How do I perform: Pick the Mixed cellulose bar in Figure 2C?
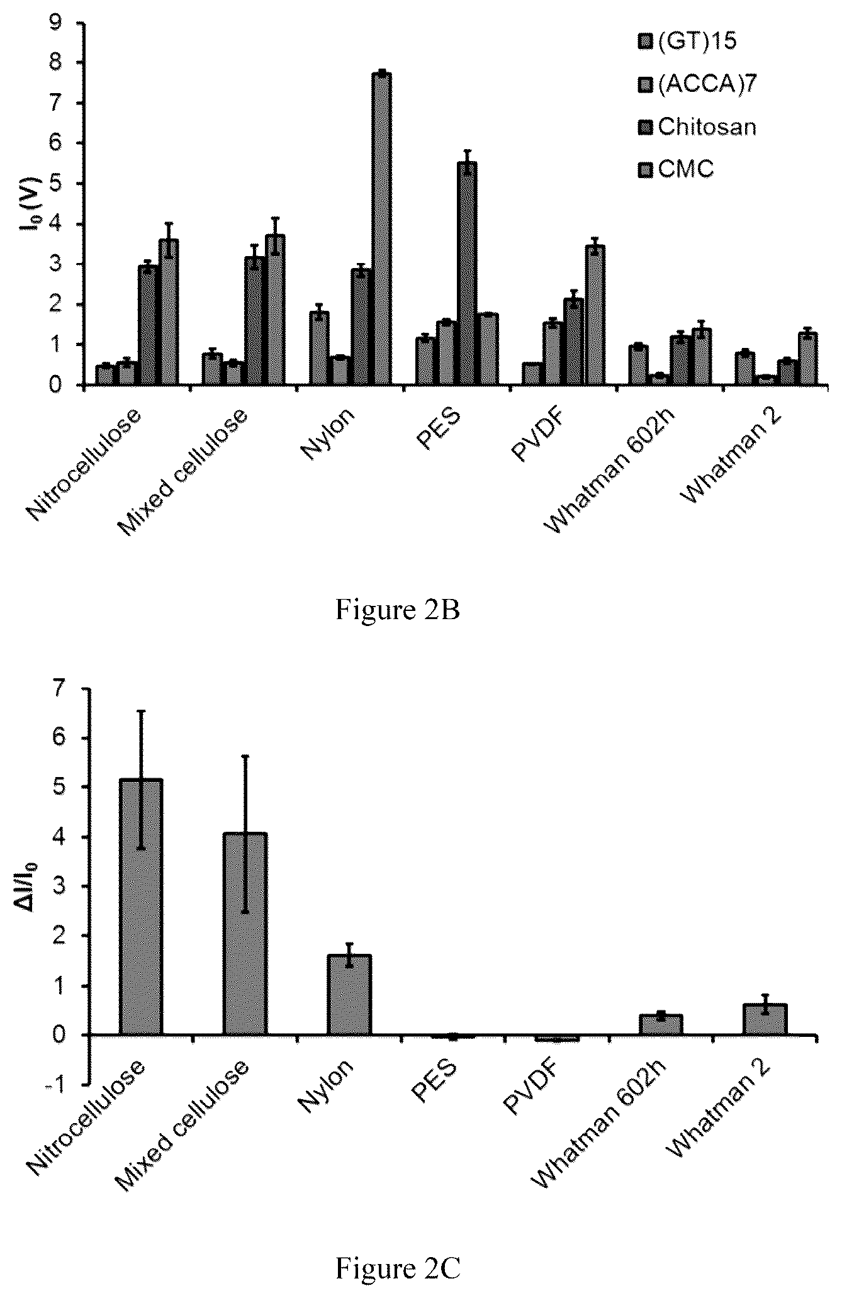[x=245, y=934]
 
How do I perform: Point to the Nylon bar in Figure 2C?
[x=349, y=995]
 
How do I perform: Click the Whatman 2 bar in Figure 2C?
[x=765, y=1020]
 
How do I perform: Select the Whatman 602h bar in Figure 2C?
[x=661, y=1025]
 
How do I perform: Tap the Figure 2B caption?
[x=398, y=609]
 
